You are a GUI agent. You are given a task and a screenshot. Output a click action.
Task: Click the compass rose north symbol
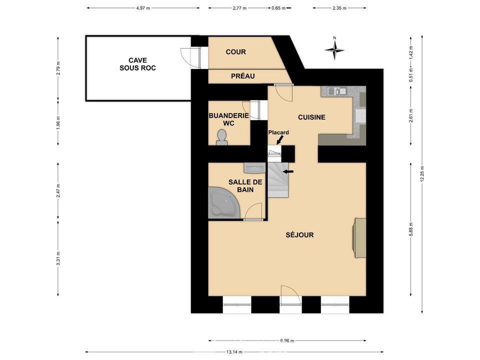pos(334,48)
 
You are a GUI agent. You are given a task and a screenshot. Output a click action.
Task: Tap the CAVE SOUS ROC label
pos(137,64)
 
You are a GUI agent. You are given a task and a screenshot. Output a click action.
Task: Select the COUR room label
pos(235,52)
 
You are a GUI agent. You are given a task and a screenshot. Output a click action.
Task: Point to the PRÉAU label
pos(243,76)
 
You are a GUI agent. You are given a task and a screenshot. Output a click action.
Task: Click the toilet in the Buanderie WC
pos(221,137)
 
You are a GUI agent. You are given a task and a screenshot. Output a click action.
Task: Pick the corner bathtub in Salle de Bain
pos(222,203)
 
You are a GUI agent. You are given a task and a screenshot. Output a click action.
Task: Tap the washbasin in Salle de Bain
pos(254,168)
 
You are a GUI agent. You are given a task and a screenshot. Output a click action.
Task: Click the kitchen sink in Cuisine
pos(336,91)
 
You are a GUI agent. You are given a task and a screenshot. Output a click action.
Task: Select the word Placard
pos(278,132)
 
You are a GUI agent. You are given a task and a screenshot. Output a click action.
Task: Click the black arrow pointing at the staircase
pos(288,171)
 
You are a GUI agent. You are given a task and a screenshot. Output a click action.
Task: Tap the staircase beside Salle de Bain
pos(278,180)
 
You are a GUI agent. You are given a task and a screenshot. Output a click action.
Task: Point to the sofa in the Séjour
pos(360,238)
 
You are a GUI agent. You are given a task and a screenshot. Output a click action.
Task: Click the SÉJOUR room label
pos(299,235)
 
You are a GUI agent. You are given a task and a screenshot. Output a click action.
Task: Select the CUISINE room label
pos(311,117)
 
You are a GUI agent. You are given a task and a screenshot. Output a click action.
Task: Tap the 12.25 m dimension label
pos(422,174)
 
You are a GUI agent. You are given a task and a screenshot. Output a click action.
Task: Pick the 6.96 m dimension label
pos(287,340)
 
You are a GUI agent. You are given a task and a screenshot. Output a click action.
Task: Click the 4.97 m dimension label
pos(143,8)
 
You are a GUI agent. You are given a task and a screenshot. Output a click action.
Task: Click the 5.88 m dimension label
pos(411,229)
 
